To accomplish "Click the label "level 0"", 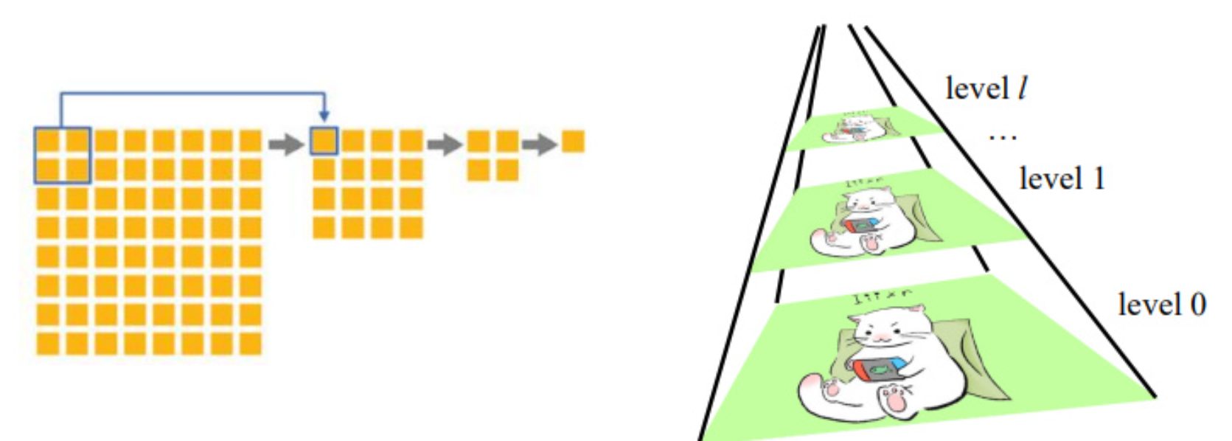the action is (x=1161, y=304).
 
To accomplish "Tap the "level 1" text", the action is (x=1062, y=178).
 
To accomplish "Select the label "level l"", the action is (x=986, y=88).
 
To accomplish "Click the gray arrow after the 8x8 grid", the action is (x=286, y=144).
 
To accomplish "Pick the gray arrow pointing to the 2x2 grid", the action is (x=445, y=144).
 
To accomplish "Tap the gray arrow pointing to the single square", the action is (x=540, y=144).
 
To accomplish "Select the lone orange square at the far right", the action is (x=573, y=141).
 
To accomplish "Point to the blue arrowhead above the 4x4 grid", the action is (x=324, y=117).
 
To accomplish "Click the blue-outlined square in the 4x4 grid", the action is (x=324, y=141).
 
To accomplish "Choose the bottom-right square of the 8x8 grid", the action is (x=251, y=344).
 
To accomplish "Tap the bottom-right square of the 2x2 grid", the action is (x=507, y=170).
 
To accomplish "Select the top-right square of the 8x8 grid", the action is (x=251, y=141).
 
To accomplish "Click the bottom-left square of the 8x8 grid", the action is (x=48, y=344).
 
